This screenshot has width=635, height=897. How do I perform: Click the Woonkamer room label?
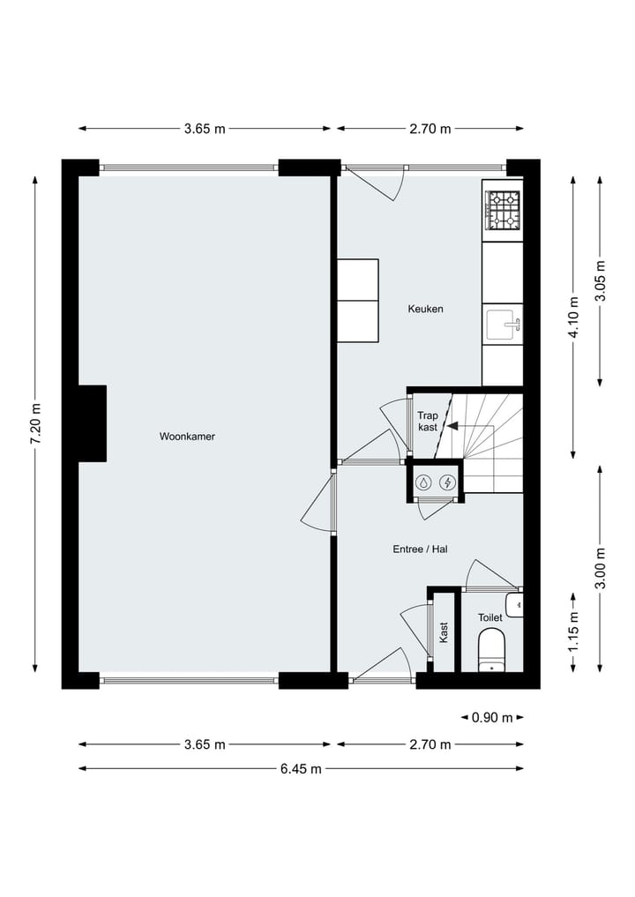187,437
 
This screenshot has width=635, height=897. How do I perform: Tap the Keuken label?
425,310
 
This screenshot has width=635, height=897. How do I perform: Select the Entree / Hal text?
421,549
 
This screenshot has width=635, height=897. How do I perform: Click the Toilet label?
490,618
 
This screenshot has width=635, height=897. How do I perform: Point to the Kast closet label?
444,632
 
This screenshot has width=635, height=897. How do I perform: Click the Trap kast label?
428,421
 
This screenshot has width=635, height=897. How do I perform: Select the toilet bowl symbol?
490,652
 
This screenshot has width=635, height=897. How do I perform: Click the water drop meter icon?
424,482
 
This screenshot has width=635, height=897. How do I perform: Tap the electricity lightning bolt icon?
448,482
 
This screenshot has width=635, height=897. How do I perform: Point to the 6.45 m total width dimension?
301,769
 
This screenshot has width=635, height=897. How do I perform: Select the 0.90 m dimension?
492,718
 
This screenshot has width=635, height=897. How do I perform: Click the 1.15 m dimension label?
573,631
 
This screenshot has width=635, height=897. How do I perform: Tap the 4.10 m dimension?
574,318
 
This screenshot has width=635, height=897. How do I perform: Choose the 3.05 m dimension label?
601,281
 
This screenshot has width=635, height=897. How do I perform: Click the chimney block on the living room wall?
92,423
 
